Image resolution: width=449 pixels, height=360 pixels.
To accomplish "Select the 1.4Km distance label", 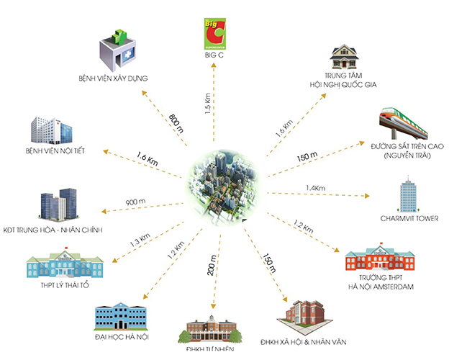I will point(317,187).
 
